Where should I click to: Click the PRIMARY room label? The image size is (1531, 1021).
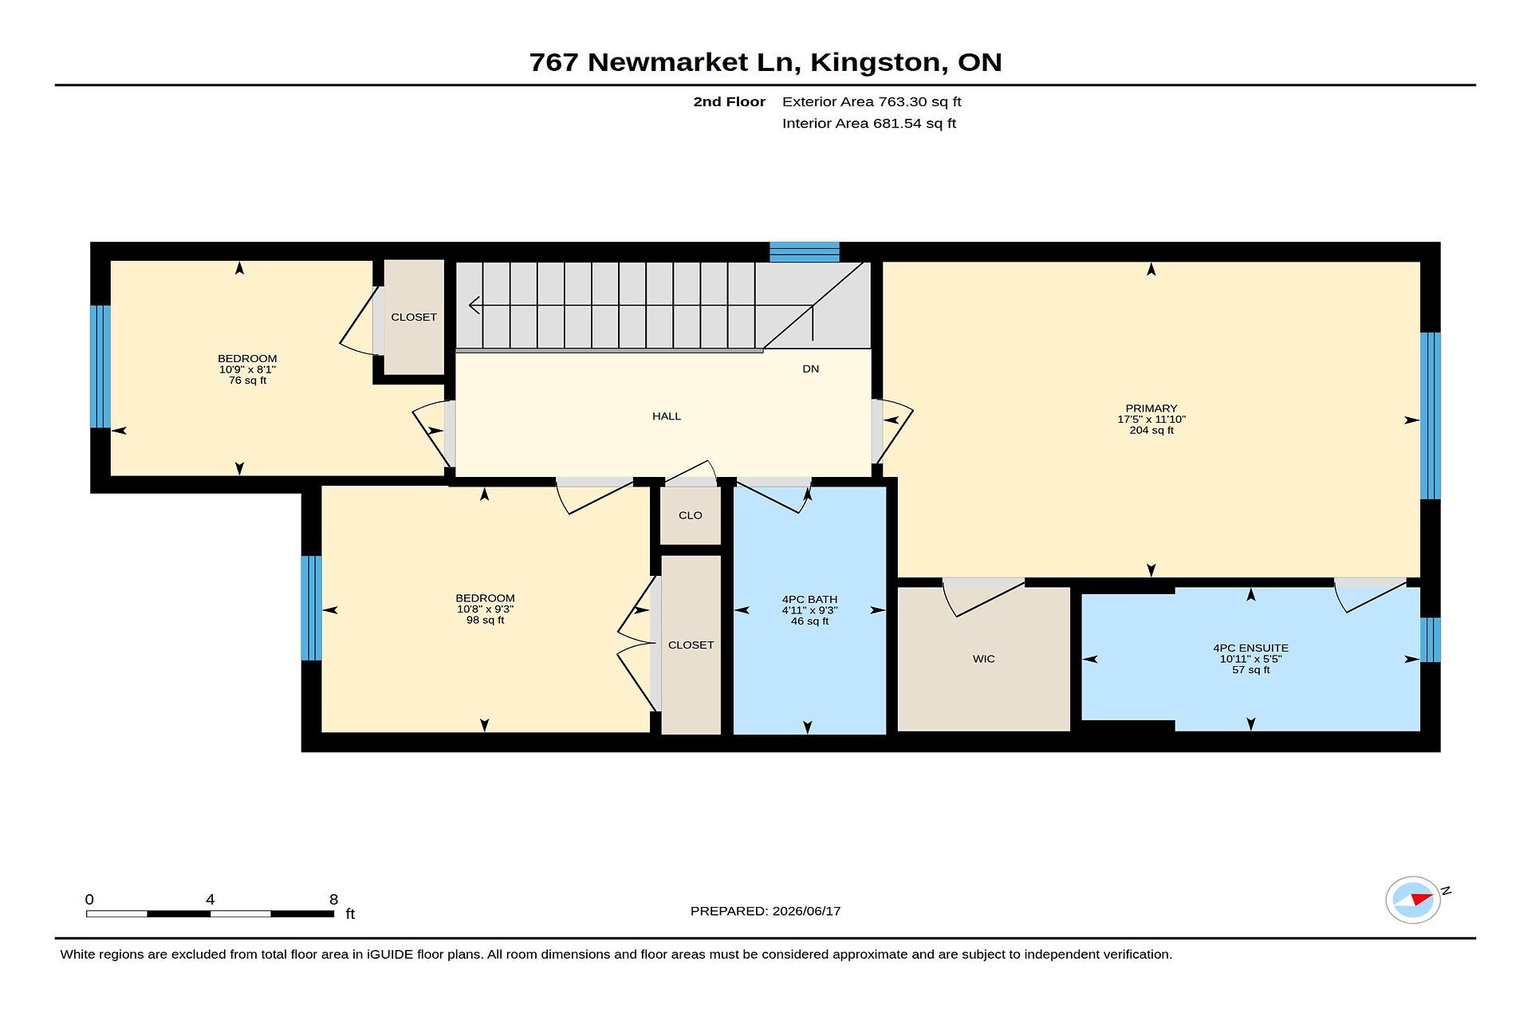[x=1151, y=408]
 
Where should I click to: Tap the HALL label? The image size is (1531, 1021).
[x=667, y=416]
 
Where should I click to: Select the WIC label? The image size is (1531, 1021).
[x=984, y=659]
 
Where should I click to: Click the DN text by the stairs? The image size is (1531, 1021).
[x=811, y=369]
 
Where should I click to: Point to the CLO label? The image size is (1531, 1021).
[x=691, y=515]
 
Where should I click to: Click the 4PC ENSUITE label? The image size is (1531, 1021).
[x=1251, y=648]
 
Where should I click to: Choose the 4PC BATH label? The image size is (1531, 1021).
[x=810, y=600]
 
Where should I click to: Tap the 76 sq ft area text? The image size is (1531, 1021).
[x=248, y=380]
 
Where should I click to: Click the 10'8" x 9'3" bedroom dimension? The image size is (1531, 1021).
[x=485, y=609]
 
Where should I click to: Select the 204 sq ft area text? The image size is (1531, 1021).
[x=1151, y=431]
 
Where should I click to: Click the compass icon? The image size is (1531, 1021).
[x=1413, y=900]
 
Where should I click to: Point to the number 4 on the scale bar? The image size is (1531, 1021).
[x=211, y=900]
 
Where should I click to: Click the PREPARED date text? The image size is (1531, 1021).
[x=765, y=911]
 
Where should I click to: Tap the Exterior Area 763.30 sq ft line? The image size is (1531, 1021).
[x=872, y=102]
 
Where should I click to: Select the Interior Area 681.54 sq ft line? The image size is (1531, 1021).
[x=869, y=124]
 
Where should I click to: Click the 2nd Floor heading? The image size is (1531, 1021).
[x=730, y=102]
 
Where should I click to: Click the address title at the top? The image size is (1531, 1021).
[x=765, y=62]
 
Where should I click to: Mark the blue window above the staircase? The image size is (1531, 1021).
[x=805, y=252]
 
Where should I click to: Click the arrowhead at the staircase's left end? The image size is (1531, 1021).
[x=474, y=306]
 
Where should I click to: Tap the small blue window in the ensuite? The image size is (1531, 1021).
[x=1431, y=640]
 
